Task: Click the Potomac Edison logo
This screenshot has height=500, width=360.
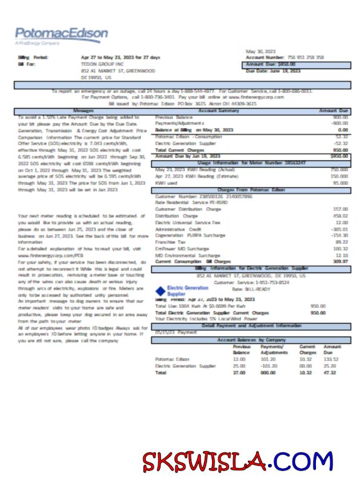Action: point(61,35)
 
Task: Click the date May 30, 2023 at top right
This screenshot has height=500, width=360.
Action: point(261,51)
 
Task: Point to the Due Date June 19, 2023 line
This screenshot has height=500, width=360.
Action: point(273,71)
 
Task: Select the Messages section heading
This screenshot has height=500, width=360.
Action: point(83,110)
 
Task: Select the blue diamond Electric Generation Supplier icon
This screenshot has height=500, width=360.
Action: point(159,291)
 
